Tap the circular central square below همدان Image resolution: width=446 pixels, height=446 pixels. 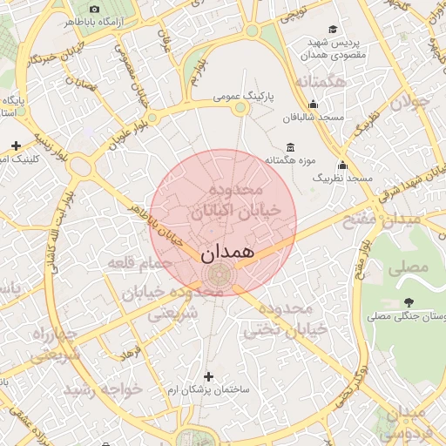[x=218, y=276]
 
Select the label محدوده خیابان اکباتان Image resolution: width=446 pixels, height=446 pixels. [x=236, y=200]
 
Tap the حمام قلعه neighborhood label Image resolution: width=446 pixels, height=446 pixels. [x=139, y=262]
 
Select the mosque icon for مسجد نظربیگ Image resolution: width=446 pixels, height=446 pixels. [x=342, y=165]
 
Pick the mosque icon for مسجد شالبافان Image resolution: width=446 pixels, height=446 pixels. [x=314, y=104]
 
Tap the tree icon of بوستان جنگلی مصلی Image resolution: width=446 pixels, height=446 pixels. [x=409, y=301]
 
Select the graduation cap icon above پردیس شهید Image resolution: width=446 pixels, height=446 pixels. [x=334, y=29]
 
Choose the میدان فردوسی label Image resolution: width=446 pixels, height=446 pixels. [x=402, y=422]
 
